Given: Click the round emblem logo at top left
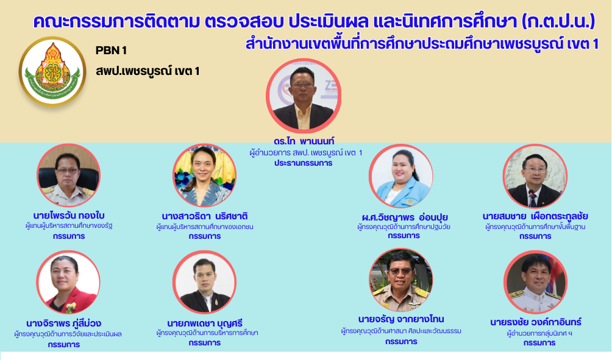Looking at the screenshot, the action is (x=52, y=71).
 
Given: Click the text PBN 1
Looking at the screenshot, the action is (x=111, y=51).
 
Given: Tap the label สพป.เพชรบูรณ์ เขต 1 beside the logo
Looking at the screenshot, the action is (x=148, y=71).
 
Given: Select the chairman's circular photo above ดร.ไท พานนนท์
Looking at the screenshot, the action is (x=304, y=96).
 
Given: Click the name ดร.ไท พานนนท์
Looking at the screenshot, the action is (x=304, y=141).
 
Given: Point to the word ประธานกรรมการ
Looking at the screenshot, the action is (x=304, y=163).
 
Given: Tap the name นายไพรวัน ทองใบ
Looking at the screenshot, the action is (x=69, y=215).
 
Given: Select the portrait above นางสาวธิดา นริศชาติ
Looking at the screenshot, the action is (x=204, y=175).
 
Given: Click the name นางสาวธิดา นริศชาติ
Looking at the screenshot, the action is (x=205, y=216).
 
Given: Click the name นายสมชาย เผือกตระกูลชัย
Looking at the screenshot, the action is (x=535, y=216).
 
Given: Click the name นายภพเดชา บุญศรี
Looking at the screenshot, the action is (x=205, y=323).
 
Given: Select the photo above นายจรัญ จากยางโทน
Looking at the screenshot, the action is (x=401, y=280).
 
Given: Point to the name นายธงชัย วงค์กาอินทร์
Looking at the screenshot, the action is (x=536, y=322).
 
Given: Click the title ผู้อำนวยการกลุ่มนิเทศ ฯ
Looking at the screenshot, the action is (x=539, y=333).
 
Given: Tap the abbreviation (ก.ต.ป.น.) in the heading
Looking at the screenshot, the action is (x=558, y=21).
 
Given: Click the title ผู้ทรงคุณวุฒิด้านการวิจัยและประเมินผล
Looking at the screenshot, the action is (x=68, y=334).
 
